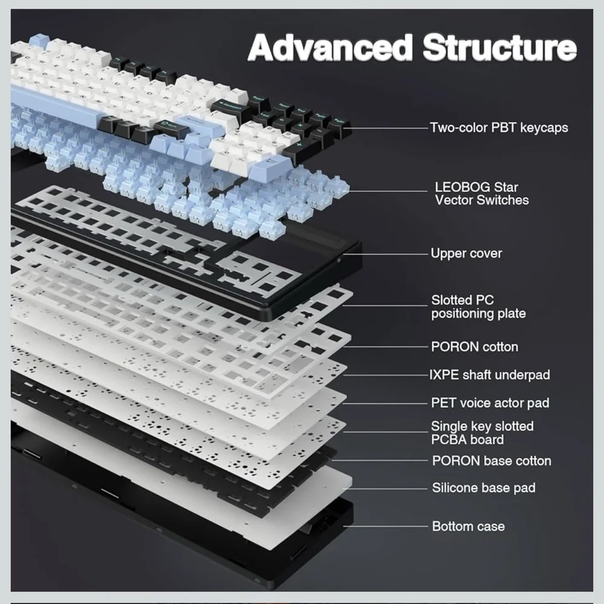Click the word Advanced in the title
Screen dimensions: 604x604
330,48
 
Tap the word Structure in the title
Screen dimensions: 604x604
500,48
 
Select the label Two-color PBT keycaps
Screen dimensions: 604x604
499,127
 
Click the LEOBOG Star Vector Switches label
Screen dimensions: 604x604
481,193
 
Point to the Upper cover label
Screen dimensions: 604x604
466,254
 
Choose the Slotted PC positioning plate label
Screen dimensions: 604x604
478,307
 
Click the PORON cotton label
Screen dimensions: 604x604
474,347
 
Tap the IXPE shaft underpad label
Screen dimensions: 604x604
490,375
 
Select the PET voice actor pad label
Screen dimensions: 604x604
490,403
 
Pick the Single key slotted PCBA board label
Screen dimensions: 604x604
482,433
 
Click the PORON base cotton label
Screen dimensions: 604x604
492,461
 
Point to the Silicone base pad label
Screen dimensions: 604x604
483,487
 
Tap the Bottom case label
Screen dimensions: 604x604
468,526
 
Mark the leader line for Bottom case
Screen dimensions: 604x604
385,526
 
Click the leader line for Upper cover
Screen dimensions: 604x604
385,254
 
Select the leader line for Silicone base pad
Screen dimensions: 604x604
385,489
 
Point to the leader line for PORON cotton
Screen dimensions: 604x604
385,347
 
